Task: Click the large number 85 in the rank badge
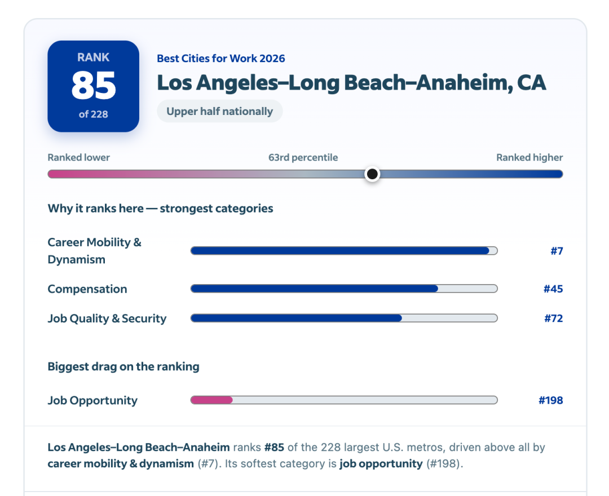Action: pyautogui.click(x=94, y=85)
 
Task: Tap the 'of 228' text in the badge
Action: pyautogui.click(x=93, y=114)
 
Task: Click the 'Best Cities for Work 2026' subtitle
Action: pyautogui.click(x=220, y=58)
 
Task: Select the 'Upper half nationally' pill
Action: pyautogui.click(x=220, y=112)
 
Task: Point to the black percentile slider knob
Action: pyautogui.click(x=372, y=174)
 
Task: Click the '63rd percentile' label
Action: pyautogui.click(x=303, y=157)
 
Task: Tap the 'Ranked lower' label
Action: pyautogui.click(x=78, y=157)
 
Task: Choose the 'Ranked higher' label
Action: pyautogui.click(x=529, y=157)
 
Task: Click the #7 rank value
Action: pyautogui.click(x=557, y=251)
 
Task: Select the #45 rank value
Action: pyautogui.click(x=553, y=289)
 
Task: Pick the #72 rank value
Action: pyautogui.click(x=554, y=318)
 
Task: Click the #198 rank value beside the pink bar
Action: pyautogui.click(x=551, y=400)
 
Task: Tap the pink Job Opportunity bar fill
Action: pyautogui.click(x=211, y=400)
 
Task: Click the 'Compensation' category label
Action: pyautogui.click(x=87, y=289)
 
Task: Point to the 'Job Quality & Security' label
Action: pyautogui.click(x=107, y=318)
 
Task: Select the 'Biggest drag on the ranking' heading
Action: pyautogui.click(x=123, y=366)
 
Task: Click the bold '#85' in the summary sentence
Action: pyautogui.click(x=274, y=447)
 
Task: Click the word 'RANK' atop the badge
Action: pyautogui.click(x=93, y=57)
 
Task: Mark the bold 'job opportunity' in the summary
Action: pyautogui.click(x=381, y=464)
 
